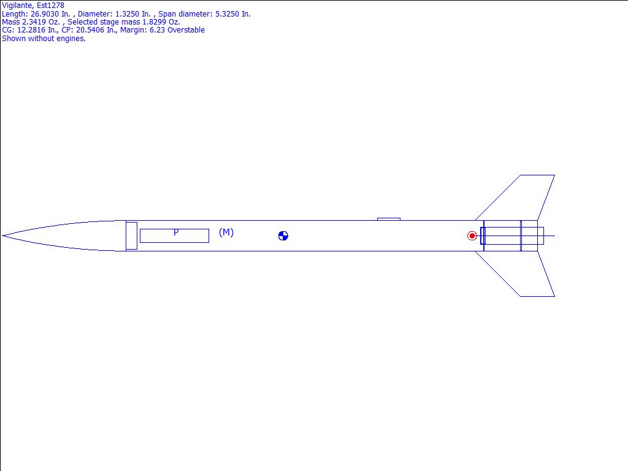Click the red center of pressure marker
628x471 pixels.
[472, 236]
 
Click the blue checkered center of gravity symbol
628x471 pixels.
[283, 236]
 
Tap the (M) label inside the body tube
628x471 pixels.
[226, 232]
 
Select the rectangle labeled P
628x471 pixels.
[174, 236]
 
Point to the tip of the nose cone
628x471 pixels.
[2, 236]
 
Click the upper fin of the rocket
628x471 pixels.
[521, 197]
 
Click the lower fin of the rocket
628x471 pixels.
[521, 274]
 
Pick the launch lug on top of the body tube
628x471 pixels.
[388, 219]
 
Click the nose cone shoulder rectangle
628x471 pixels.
[131, 236]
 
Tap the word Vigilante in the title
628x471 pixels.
[17, 6]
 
